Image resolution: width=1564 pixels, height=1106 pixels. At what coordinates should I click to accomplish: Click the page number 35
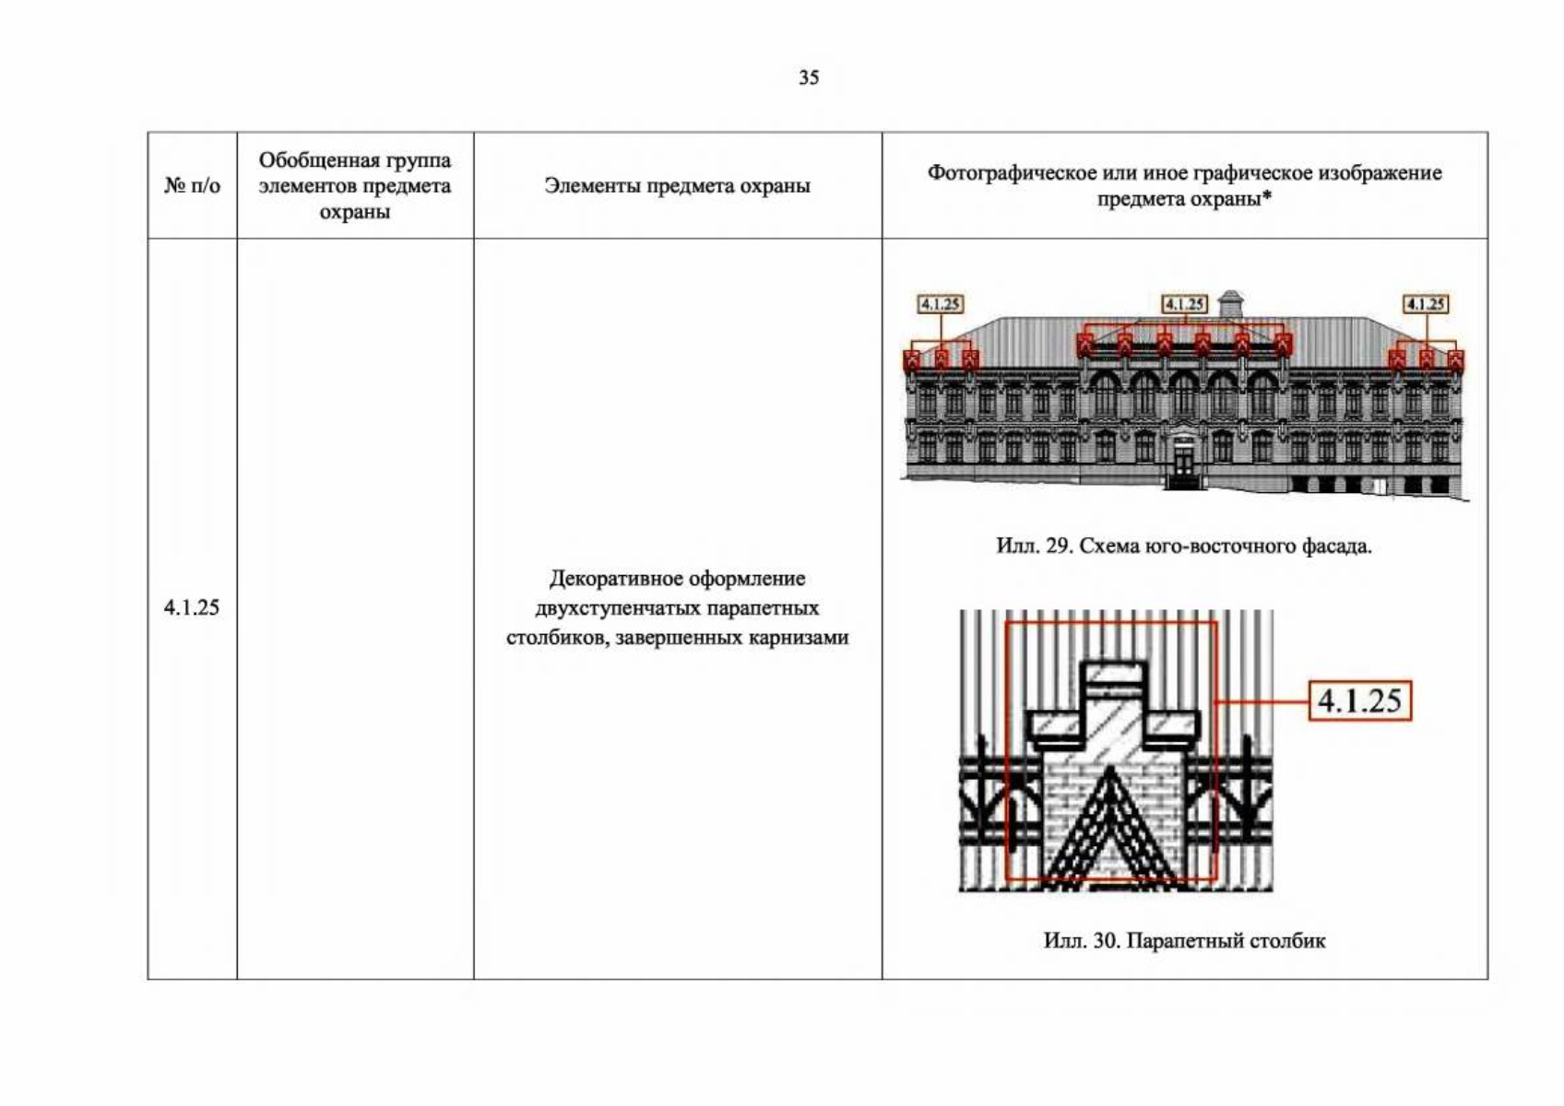[809, 77]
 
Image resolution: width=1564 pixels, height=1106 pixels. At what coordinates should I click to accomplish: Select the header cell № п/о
[192, 185]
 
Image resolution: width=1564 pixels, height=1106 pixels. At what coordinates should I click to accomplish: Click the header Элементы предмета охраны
[677, 185]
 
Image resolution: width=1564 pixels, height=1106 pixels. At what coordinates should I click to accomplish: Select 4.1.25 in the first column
[192, 607]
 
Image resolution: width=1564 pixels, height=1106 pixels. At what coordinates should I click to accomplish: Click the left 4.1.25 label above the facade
[940, 304]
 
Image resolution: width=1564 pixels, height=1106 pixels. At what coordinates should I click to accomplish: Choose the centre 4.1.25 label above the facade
[1184, 304]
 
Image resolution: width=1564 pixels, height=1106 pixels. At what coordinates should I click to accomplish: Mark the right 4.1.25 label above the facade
[1425, 304]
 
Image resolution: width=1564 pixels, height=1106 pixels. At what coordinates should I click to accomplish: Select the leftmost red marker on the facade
[912, 360]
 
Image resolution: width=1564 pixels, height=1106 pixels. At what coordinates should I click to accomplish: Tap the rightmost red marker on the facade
[1455, 360]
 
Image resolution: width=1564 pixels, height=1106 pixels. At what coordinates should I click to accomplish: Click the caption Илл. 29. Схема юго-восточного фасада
[1184, 547]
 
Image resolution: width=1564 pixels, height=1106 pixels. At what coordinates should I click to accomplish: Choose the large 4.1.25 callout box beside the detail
[1359, 700]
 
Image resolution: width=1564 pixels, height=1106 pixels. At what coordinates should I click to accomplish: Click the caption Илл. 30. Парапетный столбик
[1184, 941]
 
